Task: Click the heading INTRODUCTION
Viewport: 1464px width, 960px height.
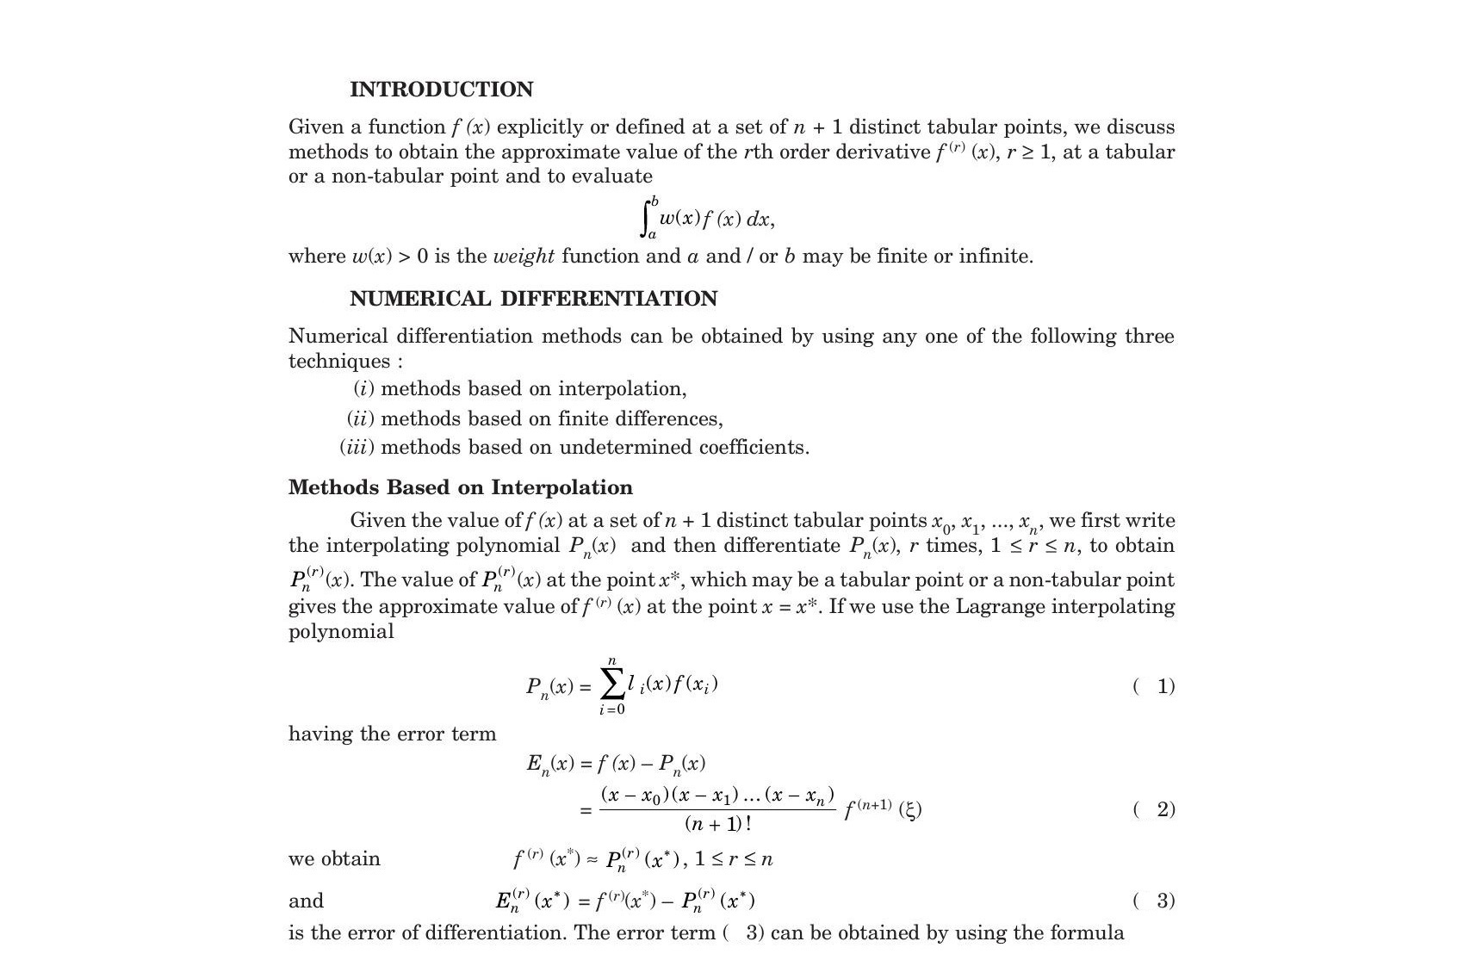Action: click(x=441, y=90)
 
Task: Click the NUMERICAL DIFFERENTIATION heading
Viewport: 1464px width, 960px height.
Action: click(x=533, y=299)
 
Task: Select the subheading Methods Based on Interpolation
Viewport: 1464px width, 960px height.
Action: click(x=460, y=487)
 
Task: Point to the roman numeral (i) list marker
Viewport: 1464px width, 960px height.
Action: click(x=363, y=389)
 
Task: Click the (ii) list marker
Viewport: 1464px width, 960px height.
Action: click(x=360, y=418)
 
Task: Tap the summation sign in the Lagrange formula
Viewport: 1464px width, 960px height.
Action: click(x=611, y=685)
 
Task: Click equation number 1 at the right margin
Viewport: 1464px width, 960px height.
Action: click(x=1165, y=686)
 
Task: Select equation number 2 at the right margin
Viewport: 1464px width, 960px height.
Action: click(x=1165, y=809)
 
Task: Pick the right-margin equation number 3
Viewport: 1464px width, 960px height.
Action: click(x=1165, y=901)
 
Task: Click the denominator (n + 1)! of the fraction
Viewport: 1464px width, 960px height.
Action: click(x=717, y=824)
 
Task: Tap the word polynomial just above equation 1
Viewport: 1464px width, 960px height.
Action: click(x=341, y=631)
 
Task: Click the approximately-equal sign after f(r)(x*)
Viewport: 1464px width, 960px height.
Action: click(x=592, y=859)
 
